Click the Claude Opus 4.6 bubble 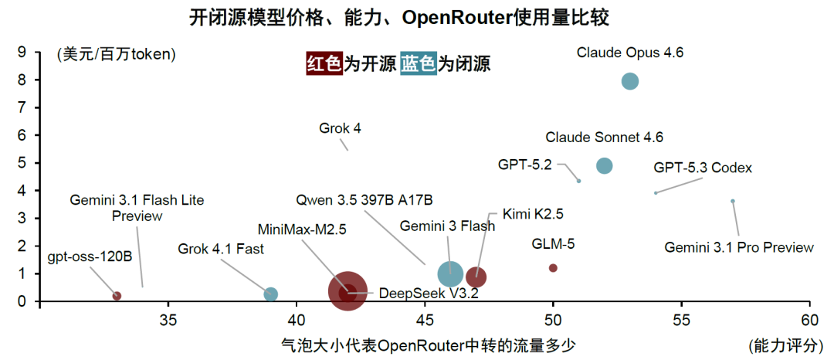pos(630,81)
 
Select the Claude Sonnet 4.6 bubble pos(604,166)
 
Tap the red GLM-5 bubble pos(553,268)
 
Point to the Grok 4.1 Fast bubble pos(271,294)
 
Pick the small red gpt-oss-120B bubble pos(117,296)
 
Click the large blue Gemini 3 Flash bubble pos(451,274)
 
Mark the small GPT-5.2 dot pos(578,181)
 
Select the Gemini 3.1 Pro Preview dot pos(732,201)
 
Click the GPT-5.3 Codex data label pos(703,168)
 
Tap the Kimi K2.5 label pos(532,214)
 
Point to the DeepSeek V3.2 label pos(412,294)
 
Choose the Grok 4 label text pos(341,129)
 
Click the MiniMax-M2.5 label pos(302,229)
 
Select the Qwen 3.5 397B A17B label pos(364,201)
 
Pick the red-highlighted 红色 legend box pos(324,64)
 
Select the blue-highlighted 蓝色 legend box pos(418,64)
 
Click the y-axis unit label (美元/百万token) pos(116,54)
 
